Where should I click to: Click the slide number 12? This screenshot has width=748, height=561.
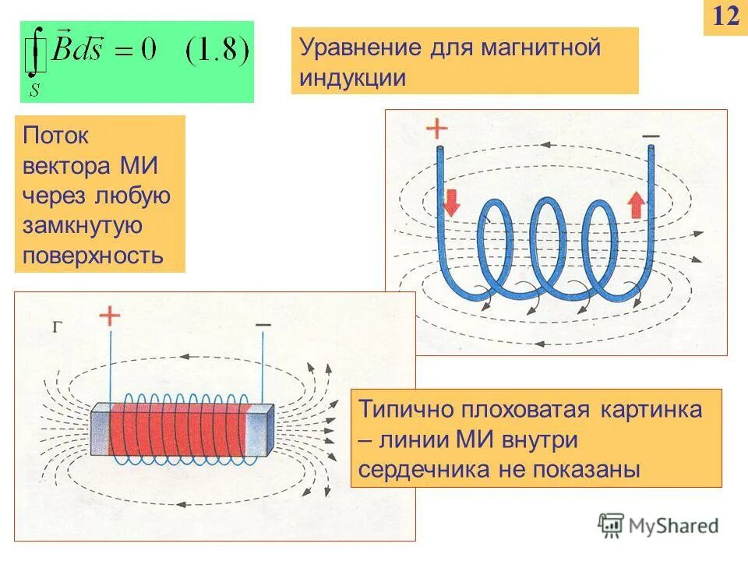pos(725,16)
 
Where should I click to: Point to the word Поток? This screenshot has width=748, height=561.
pos(56,136)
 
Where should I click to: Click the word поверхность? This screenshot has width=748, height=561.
pos(93,255)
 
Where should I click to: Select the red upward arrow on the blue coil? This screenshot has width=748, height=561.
pos(637,203)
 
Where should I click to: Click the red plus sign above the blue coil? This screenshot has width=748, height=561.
pos(438,129)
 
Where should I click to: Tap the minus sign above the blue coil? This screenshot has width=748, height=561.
pos(651,136)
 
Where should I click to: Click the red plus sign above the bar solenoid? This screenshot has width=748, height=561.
pos(110,316)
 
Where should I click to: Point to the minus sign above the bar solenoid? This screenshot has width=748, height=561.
pos(263,323)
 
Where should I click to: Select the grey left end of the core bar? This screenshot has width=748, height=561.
pos(101,433)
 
